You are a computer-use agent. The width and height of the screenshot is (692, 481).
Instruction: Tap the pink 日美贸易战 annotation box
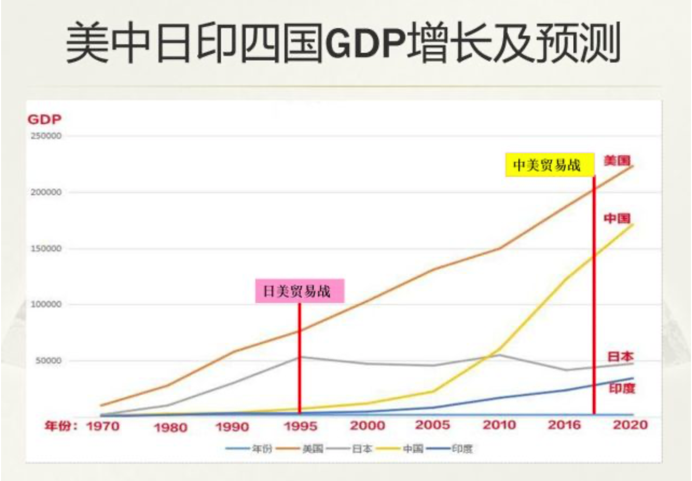299,291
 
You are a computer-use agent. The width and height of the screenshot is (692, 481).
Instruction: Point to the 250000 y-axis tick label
46,135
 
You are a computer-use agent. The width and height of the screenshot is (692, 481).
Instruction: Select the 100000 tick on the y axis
46,305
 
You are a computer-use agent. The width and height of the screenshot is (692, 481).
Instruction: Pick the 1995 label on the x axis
300,426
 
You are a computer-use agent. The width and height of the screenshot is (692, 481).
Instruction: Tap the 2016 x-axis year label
564,425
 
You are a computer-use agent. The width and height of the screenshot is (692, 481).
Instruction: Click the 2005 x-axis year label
432,425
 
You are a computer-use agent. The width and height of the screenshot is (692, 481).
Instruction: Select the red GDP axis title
44,120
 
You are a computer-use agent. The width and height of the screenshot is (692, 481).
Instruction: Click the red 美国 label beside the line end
617,160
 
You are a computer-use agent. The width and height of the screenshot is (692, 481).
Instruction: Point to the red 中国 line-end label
617,218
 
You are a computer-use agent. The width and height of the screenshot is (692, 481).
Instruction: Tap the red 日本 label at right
621,356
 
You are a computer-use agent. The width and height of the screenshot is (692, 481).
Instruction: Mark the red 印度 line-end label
622,388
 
